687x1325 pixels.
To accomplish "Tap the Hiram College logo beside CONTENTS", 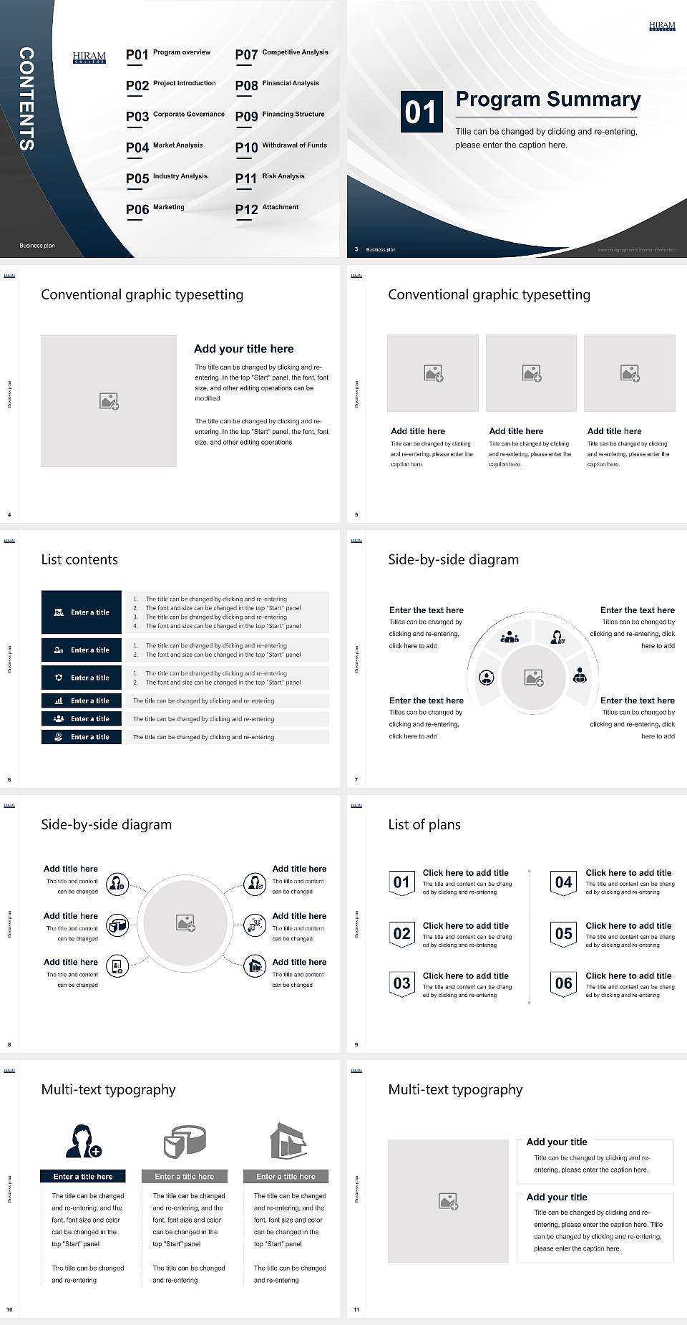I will click(89, 57).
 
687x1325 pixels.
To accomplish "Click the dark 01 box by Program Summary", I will click(421, 112).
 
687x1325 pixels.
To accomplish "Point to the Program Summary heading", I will click(547, 100).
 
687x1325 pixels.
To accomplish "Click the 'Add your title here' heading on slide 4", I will click(243, 349).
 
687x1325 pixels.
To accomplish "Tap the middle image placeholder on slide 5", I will click(531, 373).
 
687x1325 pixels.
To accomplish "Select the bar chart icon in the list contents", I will click(59, 700).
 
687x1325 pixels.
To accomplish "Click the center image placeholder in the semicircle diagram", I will click(533, 678).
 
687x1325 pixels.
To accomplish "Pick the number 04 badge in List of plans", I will click(564, 882).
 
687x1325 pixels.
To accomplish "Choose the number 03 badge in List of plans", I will click(401, 983).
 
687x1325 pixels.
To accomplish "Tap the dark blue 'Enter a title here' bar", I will click(83, 1176).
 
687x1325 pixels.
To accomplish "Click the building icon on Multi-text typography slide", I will click(288, 1141).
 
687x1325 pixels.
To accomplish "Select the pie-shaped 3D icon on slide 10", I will click(185, 1141).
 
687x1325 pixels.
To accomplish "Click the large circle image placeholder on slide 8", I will click(186, 923).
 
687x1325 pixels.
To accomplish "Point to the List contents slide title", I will click(79, 559).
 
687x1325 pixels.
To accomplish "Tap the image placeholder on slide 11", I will click(448, 1201).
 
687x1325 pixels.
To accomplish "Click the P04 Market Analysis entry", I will click(165, 147).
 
